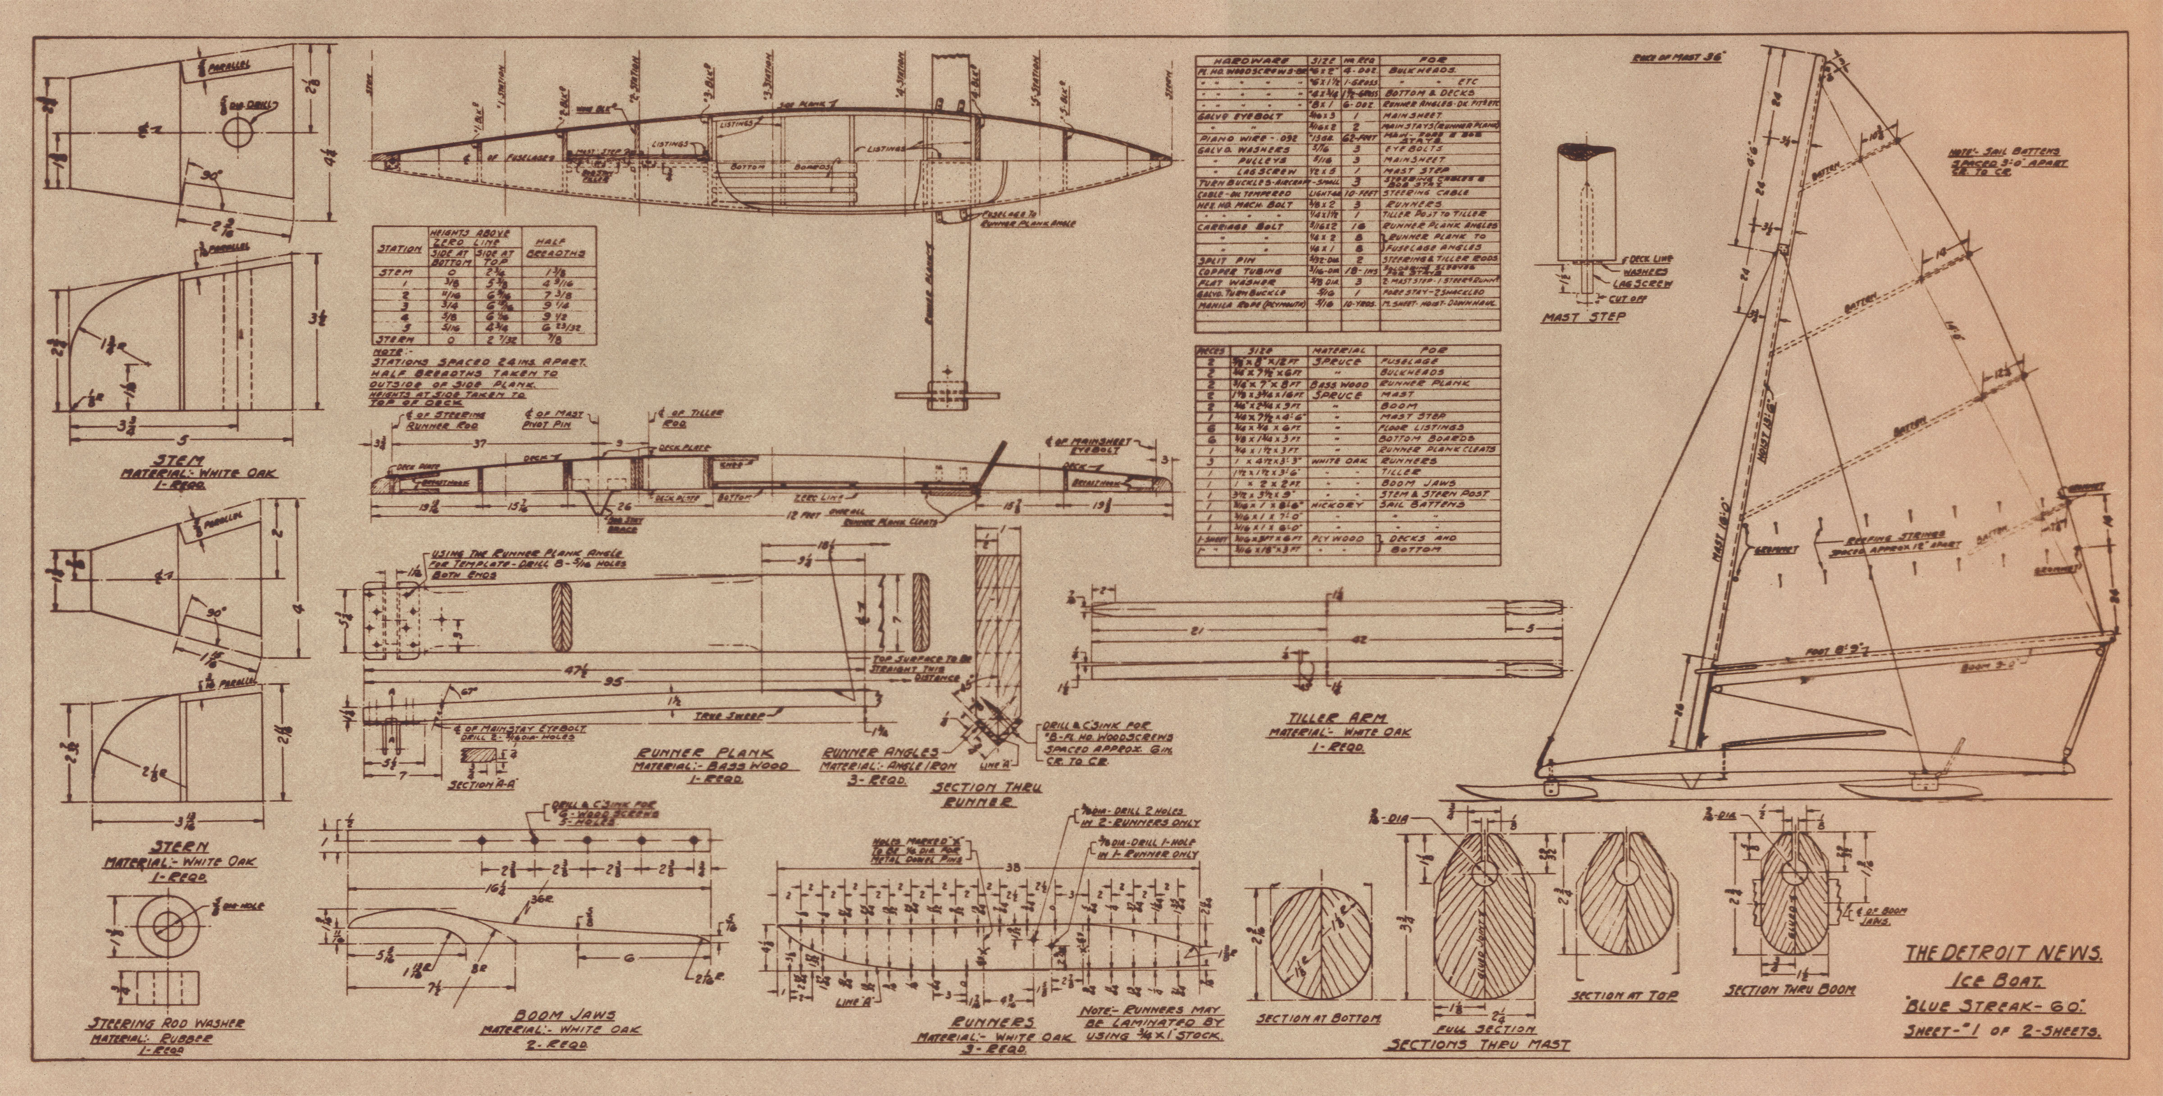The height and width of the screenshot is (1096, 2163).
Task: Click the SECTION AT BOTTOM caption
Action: [1318, 1018]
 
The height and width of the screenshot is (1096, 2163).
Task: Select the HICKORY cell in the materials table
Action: [1339, 505]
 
